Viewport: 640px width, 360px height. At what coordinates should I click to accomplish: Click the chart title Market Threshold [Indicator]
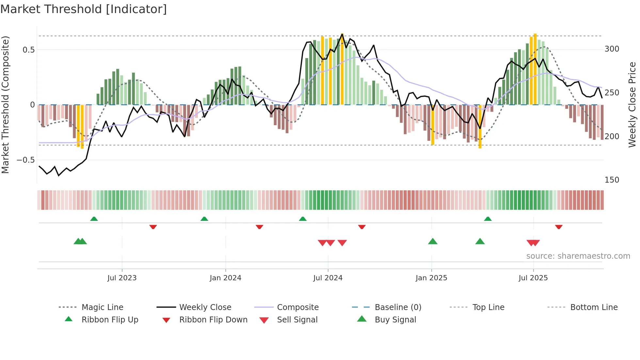pyautogui.click(x=84, y=9)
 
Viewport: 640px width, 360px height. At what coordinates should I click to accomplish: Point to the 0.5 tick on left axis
pyautogui.click(x=28, y=50)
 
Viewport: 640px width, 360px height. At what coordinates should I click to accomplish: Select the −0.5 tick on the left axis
pyautogui.click(x=26, y=160)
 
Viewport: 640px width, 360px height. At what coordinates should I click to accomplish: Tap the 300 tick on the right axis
pyautogui.click(x=612, y=49)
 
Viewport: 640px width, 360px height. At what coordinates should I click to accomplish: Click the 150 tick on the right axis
pyautogui.click(x=612, y=180)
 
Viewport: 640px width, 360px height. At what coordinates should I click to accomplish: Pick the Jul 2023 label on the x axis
pyautogui.click(x=122, y=278)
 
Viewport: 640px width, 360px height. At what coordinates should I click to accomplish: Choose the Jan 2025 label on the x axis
pyautogui.click(x=431, y=278)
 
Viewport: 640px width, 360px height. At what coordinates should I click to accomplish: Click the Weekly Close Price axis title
pyautogui.click(x=632, y=105)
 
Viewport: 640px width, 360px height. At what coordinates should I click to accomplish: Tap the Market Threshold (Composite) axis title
pyautogui.click(x=5, y=105)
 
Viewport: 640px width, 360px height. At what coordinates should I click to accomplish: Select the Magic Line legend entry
pyautogui.click(x=102, y=307)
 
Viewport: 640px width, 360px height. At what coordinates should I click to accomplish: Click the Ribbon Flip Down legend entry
pyautogui.click(x=213, y=320)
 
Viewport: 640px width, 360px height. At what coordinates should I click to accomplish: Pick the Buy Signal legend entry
pyautogui.click(x=395, y=320)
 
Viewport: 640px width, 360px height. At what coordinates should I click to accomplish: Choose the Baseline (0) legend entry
pyautogui.click(x=398, y=307)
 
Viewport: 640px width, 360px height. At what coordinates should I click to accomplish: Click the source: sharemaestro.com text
pyautogui.click(x=578, y=256)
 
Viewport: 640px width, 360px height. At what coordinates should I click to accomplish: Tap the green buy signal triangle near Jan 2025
pyautogui.click(x=433, y=241)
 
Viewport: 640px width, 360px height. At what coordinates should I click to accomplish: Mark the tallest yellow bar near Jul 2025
pyautogui.click(x=535, y=69)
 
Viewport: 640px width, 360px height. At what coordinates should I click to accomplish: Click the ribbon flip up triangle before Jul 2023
pyautogui.click(x=94, y=219)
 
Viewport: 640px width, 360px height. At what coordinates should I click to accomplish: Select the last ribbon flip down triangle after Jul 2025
pyautogui.click(x=559, y=227)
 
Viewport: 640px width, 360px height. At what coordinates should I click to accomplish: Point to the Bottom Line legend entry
pyautogui.click(x=594, y=307)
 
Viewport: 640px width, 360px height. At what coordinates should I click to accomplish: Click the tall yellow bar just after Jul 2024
pyautogui.click(x=342, y=69)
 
